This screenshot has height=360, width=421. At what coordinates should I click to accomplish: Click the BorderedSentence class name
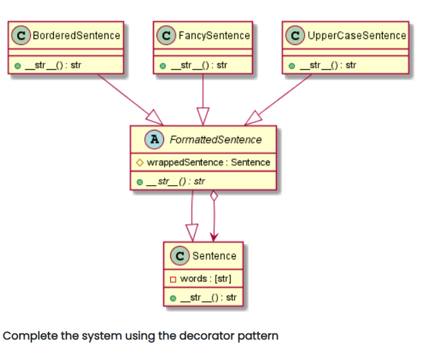point(76,36)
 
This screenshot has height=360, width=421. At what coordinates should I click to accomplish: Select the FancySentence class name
point(213,36)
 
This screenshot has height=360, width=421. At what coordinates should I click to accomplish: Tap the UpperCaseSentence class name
point(357,36)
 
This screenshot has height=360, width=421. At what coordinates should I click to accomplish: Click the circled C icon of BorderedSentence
point(21,36)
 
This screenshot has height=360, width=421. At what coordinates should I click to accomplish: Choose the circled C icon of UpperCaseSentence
point(296,36)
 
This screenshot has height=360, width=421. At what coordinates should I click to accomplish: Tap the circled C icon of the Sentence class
point(180,256)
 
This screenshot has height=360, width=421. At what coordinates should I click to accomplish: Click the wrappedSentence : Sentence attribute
point(207,163)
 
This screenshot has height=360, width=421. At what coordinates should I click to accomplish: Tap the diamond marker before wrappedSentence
point(139,163)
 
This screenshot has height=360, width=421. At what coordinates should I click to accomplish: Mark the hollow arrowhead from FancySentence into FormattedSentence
point(203,116)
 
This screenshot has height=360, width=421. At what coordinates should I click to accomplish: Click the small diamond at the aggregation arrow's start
point(215,197)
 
